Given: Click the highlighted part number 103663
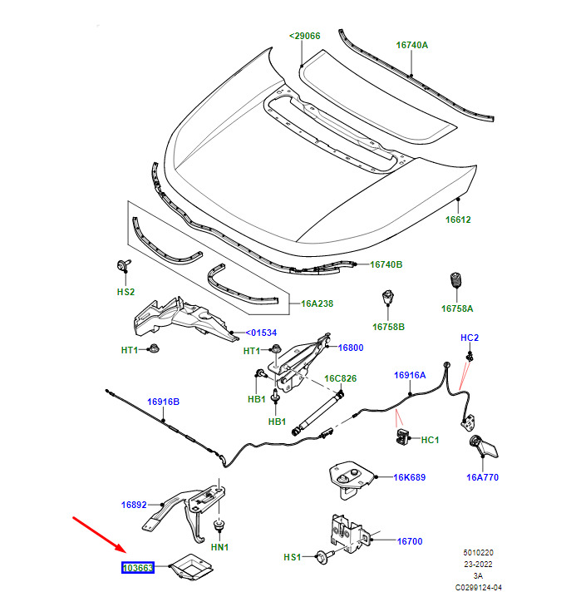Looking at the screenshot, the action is (138, 567).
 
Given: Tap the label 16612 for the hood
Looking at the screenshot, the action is (458, 220).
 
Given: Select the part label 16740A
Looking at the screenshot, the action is (412, 45).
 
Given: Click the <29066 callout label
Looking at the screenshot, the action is (304, 36).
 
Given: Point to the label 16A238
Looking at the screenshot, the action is (317, 303).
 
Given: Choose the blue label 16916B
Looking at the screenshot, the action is (163, 402).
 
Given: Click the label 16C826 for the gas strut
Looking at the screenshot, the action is (340, 378).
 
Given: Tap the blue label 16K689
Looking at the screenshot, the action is (410, 477).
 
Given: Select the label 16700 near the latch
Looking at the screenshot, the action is (410, 541).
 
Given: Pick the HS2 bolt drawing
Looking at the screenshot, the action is (124, 265).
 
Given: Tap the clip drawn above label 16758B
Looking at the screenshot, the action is (388, 297).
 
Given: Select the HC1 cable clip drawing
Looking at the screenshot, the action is (402, 436).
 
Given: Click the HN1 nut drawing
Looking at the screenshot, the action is (219, 525).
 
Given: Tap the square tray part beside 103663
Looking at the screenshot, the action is (192, 566).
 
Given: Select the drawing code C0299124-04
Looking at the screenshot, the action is (479, 587).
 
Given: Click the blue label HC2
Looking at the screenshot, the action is (470, 338).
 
